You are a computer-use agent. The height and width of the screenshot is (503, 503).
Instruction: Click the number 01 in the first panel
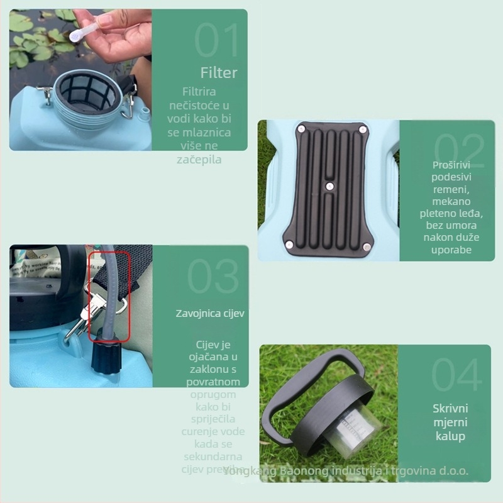216,41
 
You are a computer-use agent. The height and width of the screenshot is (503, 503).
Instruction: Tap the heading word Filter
219,73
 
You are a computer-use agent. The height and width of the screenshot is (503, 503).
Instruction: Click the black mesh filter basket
87,97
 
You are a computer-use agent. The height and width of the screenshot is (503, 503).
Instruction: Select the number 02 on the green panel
459,151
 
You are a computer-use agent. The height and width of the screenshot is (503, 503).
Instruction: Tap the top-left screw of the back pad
301,128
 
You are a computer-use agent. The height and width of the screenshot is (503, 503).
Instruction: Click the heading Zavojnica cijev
210,313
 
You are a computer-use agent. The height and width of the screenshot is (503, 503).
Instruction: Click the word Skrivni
450,409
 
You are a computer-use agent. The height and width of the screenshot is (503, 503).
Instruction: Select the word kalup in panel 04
450,436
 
